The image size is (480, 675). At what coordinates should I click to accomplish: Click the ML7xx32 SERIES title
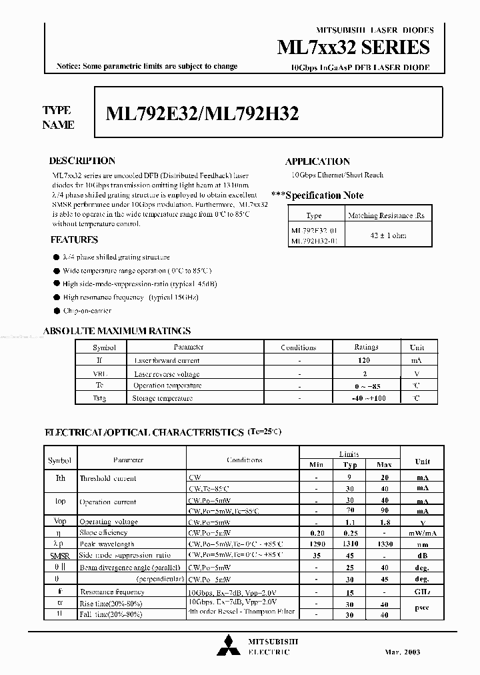[353, 47]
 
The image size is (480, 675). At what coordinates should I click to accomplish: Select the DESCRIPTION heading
[82, 161]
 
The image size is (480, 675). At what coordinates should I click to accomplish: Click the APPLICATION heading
[317, 161]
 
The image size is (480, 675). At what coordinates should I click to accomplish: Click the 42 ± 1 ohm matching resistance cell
[387, 235]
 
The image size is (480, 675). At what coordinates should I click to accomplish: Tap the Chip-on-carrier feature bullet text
[87, 311]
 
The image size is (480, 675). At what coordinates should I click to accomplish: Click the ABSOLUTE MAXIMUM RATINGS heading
[117, 331]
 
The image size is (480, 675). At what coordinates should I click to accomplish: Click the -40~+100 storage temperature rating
[366, 398]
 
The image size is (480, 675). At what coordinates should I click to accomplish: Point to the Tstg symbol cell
[99, 398]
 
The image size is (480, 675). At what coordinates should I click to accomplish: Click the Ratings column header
[366, 348]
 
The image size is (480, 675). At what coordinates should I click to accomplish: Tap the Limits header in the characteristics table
[349, 453]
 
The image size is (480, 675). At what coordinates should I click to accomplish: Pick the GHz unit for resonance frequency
[423, 592]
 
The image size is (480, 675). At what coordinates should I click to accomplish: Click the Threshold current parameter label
[108, 478]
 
